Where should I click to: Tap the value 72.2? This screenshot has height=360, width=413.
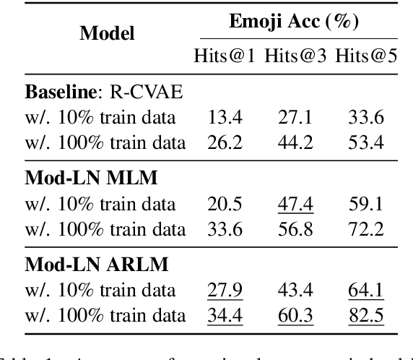pyautogui.click(x=365, y=230)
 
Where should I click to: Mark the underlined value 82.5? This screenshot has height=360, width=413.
pyautogui.click(x=365, y=316)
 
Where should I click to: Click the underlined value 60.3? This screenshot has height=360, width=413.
pyautogui.click(x=296, y=316)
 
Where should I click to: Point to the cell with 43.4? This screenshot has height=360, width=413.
pyautogui.click(x=296, y=290)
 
